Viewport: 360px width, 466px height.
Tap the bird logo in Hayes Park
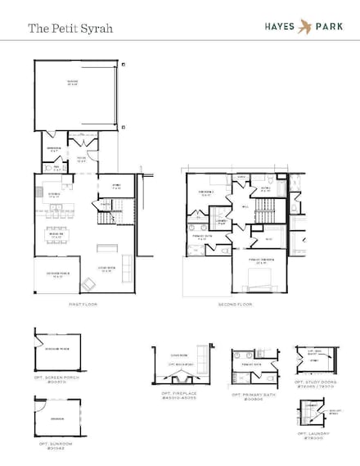pyautogui.click(x=305, y=25)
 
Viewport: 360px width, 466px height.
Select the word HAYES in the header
pyautogui.click(x=279, y=25)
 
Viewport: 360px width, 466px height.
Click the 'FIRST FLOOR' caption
pyautogui.click(x=83, y=304)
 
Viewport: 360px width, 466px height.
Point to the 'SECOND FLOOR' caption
pyautogui.click(x=234, y=304)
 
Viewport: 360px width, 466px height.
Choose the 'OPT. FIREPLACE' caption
pyautogui.click(x=178, y=396)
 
